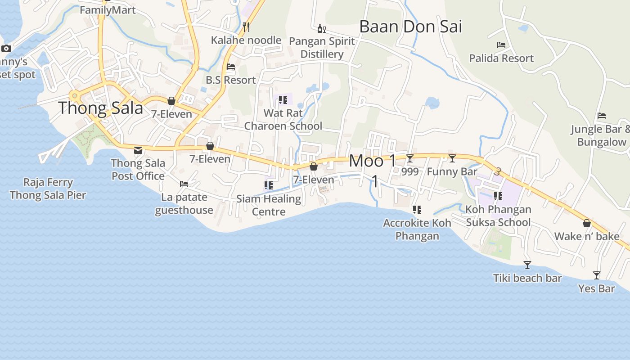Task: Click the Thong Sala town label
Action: [x=101, y=108]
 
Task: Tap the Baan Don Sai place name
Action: [x=410, y=27]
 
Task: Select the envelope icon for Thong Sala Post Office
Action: [x=138, y=150]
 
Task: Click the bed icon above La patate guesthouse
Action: [x=184, y=184]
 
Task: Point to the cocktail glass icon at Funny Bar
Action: [x=452, y=158]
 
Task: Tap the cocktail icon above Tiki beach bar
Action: [x=527, y=265]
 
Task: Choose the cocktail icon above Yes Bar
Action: [x=597, y=275]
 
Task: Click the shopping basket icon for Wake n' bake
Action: [x=587, y=223]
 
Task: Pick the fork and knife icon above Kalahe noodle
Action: [x=246, y=27]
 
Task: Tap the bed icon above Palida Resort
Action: [x=501, y=45]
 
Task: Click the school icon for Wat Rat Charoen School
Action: [x=283, y=99]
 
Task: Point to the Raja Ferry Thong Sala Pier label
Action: [x=48, y=189]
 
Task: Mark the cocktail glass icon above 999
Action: [x=410, y=158]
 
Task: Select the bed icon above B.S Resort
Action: [x=231, y=67]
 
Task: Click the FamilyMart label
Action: [x=108, y=10]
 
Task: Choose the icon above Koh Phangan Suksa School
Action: [x=498, y=196]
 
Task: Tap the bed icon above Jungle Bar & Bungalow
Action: [x=602, y=116]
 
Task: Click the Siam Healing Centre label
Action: [x=269, y=205]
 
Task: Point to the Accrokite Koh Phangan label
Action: [x=417, y=229]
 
